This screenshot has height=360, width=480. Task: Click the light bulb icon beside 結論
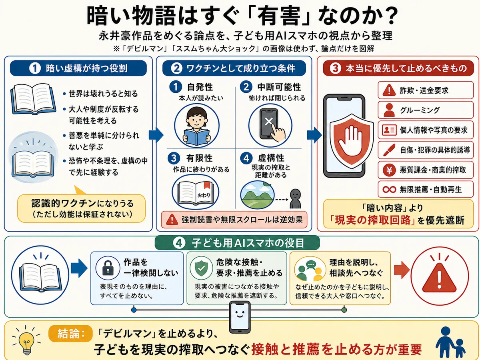[x=26, y=340]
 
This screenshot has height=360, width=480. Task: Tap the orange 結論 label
[x=70, y=334]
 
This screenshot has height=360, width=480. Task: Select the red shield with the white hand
[x=352, y=141]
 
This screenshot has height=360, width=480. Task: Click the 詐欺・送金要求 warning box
[x=426, y=90]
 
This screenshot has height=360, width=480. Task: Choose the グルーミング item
[x=426, y=110]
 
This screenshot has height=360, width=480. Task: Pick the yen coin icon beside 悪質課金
[x=389, y=170]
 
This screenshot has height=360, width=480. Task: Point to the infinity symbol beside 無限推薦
[x=389, y=190]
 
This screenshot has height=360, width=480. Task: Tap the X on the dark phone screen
[x=268, y=121]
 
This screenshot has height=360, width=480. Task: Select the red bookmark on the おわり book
[x=207, y=185]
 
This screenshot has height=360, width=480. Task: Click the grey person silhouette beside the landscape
[x=295, y=199]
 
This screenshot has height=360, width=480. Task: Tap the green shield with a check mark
[x=201, y=268]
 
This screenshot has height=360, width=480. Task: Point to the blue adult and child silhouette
[x=450, y=341]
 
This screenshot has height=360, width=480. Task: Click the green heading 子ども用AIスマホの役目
[x=237, y=243]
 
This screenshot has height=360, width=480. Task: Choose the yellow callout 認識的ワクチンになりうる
[x=81, y=208]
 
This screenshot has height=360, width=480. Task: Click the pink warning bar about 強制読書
[x=234, y=220]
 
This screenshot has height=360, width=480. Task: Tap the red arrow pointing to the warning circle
[x=402, y=270]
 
